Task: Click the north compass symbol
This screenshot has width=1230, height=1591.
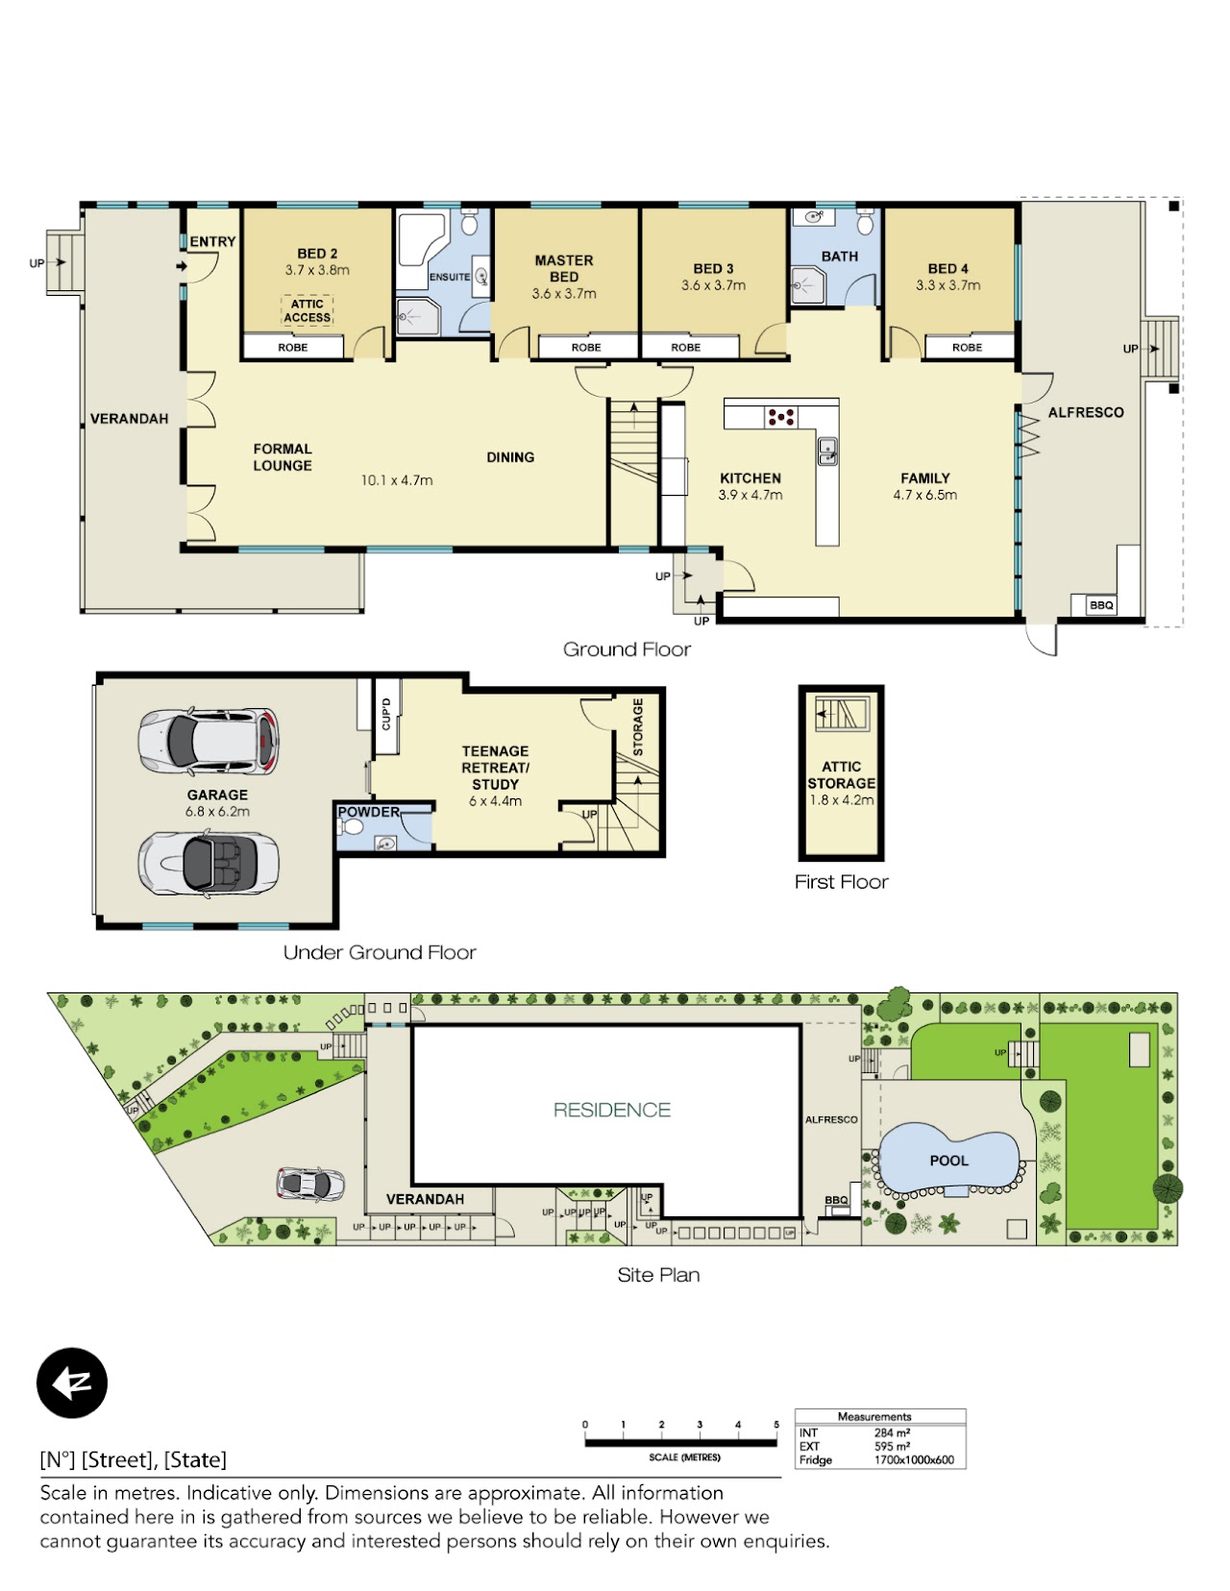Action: coord(72,1383)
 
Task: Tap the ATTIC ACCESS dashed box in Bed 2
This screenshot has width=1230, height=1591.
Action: coord(307,310)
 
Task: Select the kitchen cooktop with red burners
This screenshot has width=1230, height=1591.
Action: coord(780,417)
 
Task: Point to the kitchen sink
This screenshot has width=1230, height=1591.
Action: coord(827,451)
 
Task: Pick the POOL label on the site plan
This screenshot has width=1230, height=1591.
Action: coord(948,1161)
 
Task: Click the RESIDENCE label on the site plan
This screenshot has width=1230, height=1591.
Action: coord(611,1110)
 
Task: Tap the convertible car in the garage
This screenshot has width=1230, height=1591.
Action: coord(209,863)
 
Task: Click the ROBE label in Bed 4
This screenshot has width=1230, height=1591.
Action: coord(967,347)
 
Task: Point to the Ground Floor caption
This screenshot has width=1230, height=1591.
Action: coord(627,649)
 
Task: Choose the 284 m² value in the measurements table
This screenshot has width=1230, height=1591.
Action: coord(892,1432)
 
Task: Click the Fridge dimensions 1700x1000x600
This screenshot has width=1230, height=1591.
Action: coord(914,1460)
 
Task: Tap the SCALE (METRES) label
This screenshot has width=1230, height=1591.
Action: coord(684,1457)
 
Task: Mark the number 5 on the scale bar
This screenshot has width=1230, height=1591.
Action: coord(776,1425)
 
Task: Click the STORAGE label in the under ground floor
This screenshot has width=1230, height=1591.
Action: coord(638,727)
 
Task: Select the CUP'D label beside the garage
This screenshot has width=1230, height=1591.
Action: coord(386,714)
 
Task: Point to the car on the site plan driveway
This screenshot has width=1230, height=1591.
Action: coord(310,1184)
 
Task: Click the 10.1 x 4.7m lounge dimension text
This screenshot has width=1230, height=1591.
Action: coord(397,480)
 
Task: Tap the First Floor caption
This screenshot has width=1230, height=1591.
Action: coord(841,882)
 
